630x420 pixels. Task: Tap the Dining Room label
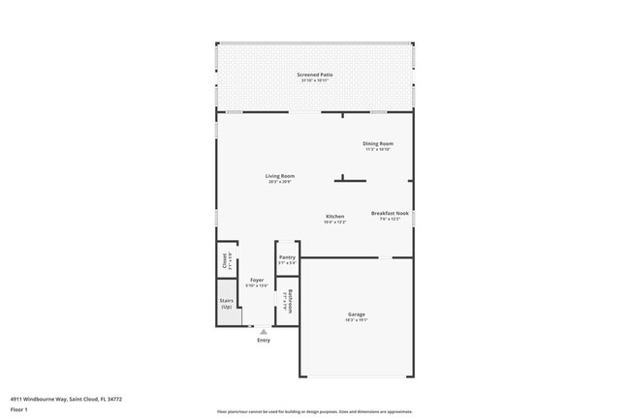(378, 143)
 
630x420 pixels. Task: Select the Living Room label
(280, 175)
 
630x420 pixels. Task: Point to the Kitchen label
(335, 216)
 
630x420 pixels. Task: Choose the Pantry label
(287, 256)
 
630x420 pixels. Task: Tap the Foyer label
(257, 280)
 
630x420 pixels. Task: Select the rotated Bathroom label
(289, 299)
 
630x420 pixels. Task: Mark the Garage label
(357, 314)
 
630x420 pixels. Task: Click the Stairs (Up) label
(226, 303)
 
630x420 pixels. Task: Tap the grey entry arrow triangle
(263, 331)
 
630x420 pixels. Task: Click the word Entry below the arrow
(264, 340)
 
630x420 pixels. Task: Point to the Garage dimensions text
(357, 319)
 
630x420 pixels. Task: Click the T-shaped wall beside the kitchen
(351, 178)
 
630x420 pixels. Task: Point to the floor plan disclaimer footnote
(315, 411)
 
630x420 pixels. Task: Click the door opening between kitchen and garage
(385, 256)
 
